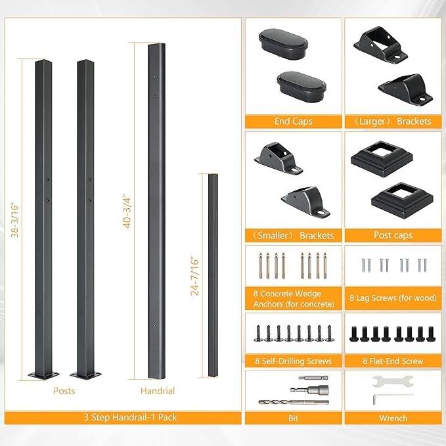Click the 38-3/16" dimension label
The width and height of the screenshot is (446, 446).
tap(14, 220)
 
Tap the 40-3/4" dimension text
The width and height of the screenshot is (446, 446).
tap(127, 211)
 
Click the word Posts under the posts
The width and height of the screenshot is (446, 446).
tap(64, 391)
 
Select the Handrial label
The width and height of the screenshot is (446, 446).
tap(158, 391)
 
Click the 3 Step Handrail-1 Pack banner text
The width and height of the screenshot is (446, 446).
tap(130, 417)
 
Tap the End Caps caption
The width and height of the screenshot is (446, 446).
tap(293, 122)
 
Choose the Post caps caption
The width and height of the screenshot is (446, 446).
tap(393, 235)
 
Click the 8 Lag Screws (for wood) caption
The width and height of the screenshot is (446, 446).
tap(393, 298)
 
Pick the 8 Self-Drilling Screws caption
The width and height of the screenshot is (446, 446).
tap(293, 361)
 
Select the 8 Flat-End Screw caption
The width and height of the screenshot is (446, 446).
tap(393, 361)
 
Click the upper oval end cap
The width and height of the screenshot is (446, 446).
tap(283, 44)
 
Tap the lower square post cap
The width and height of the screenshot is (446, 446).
tap(402, 202)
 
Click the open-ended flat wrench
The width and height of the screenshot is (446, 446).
tap(393, 381)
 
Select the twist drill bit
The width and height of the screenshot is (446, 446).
tap(294, 402)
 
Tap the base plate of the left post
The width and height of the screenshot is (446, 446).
tap(43, 375)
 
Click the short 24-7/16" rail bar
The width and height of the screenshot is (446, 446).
tap(213, 275)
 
